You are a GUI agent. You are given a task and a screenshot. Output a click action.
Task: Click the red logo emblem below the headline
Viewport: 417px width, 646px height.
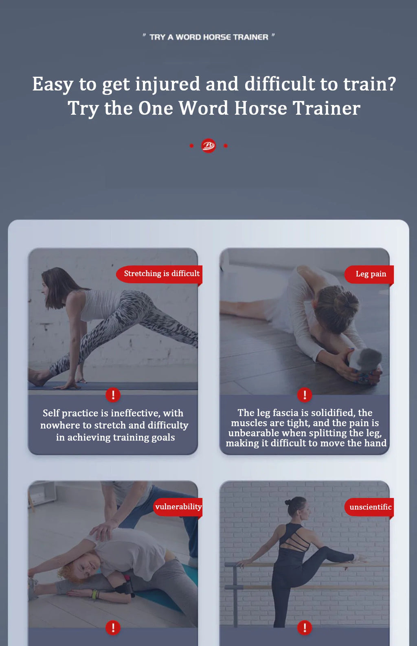pos(208,146)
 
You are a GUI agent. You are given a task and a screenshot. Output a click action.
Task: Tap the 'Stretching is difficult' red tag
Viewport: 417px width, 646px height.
pos(159,274)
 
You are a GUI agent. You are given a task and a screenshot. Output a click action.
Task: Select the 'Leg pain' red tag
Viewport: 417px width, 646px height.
pos(369,274)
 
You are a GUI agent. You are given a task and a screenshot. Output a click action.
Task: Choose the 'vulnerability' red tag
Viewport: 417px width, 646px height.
pos(178,507)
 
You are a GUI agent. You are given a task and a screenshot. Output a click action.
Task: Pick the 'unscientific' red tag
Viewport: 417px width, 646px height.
pos(369,507)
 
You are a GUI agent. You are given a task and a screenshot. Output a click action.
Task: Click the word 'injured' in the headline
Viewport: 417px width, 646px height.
pos(167,84)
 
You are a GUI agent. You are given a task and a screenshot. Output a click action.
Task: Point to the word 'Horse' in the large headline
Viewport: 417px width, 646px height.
pos(260,108)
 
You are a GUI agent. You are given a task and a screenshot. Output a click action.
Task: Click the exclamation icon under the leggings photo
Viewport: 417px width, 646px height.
pos(113,395)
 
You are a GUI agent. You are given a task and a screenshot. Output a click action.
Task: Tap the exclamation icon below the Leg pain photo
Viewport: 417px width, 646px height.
pos(305,395)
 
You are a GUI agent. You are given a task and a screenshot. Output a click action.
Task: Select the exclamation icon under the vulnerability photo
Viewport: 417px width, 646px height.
pos(113,628)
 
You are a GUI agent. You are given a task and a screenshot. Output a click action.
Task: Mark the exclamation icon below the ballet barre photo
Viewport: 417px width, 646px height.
pos(305,628)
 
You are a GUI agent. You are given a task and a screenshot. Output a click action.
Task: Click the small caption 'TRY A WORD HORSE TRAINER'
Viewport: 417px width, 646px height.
pos(209,37)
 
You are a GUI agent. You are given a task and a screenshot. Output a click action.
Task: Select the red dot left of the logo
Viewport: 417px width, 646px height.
pos(191,146)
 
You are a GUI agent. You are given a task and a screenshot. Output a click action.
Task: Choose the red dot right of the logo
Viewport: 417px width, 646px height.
pos(226,146)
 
